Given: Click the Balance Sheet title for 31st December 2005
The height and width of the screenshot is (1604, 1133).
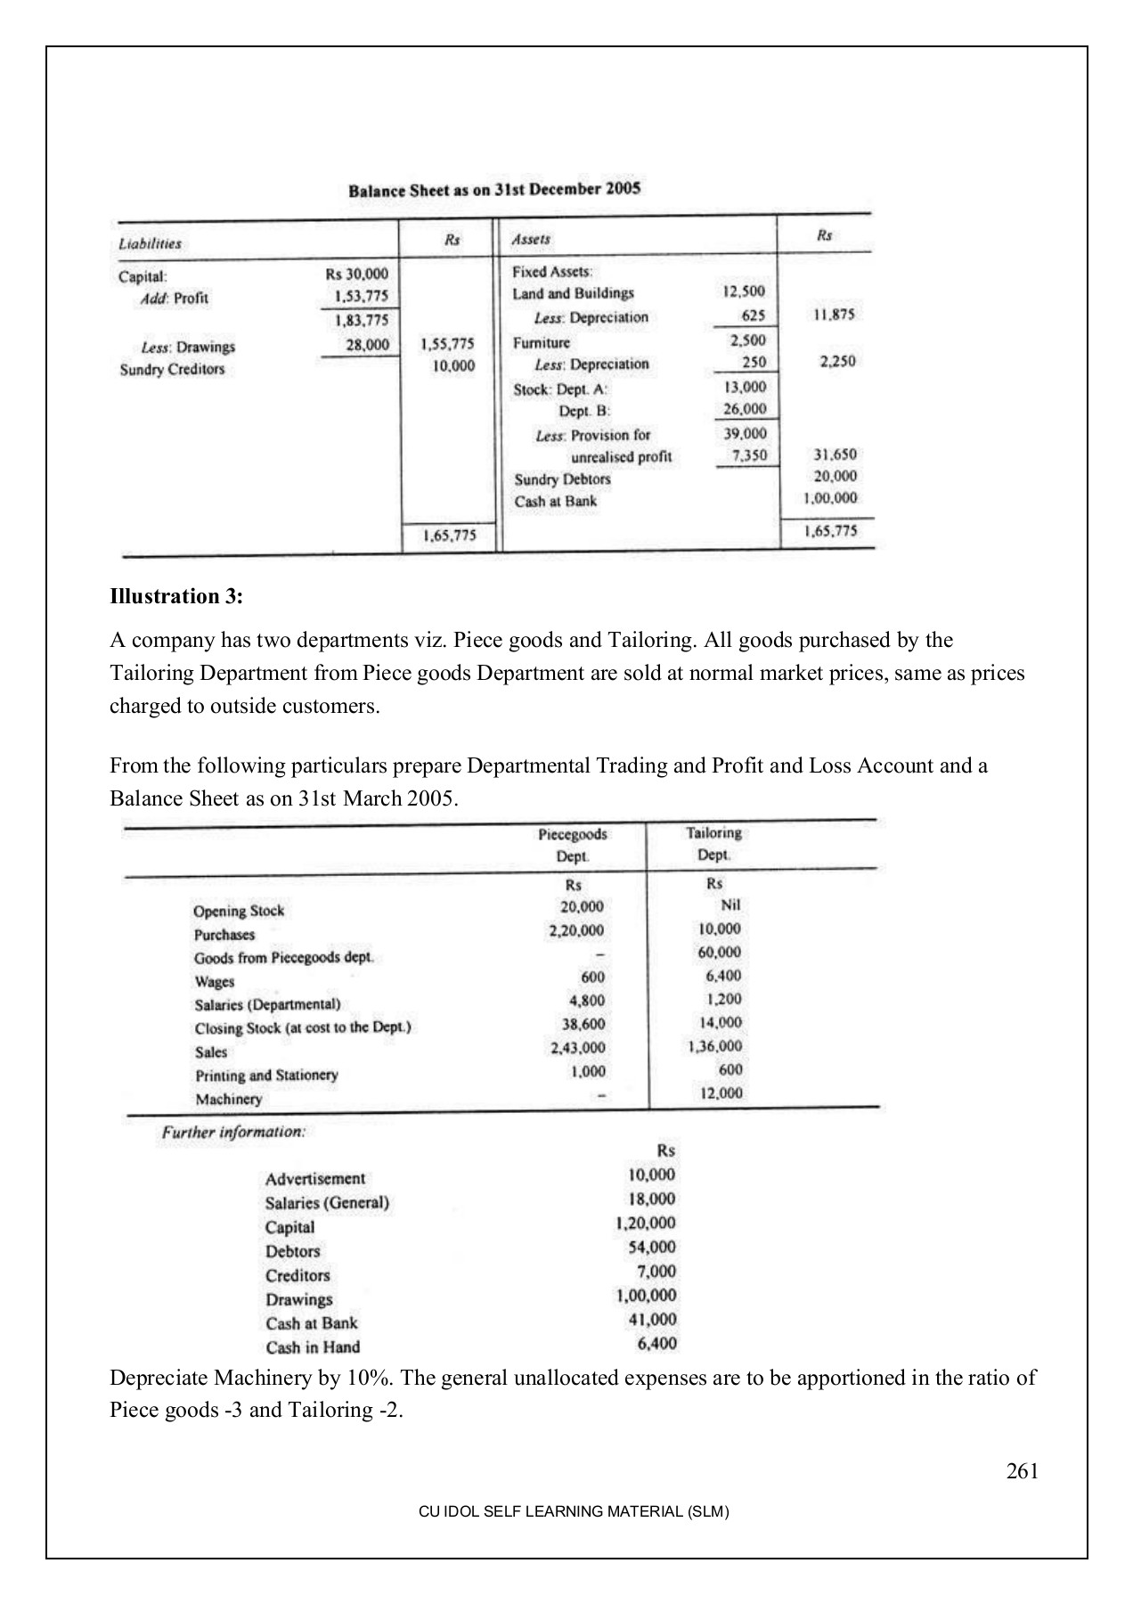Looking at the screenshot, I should [494, 190].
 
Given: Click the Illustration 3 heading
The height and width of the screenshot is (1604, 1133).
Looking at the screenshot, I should [176, 596].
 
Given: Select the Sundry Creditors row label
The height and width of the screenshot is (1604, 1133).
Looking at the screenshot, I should [172, 369].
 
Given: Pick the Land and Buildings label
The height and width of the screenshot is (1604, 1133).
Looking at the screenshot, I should [573, 294].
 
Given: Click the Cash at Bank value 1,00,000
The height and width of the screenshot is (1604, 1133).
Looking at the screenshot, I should [830, 498].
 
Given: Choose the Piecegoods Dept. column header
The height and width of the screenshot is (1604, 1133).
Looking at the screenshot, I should [573, 844].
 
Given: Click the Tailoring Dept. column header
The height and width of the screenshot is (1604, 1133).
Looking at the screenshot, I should [713, 843].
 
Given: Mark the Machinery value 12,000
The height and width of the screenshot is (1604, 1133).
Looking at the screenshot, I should [721, 1093].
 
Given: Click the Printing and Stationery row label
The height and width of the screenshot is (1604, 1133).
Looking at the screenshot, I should [266, 1076].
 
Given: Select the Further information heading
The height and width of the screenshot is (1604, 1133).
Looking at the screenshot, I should [233, 1133].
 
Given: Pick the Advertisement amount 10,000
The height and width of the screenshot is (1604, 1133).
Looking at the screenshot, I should [651, 1175].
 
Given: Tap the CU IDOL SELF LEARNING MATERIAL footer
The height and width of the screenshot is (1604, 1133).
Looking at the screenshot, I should [574, 1512].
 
